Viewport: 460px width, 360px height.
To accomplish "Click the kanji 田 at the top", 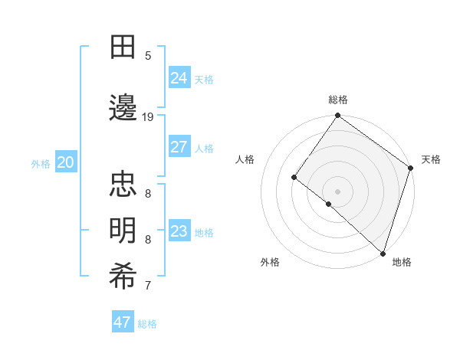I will [x=123, y=47].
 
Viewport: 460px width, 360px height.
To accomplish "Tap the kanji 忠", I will [x=123, y=185].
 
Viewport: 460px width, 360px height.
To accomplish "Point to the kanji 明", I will [x=123, y=231].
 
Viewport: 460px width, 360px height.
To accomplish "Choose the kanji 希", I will [x=123, y=277].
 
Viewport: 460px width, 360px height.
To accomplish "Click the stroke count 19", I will [x=148, y=116].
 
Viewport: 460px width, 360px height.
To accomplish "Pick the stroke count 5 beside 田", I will [x=148, y=55].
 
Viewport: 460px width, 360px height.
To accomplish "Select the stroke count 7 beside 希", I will [x=148, y=286].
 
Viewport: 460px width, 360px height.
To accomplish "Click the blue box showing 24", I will [x=179, y=77].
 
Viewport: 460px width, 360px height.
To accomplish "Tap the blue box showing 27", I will [x=179, y=147].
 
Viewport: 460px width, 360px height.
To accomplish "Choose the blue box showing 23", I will [x=179, y=231].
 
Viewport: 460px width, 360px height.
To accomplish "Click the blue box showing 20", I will [x=66, y=162].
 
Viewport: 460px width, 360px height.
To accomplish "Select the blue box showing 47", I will [x=123, y=322].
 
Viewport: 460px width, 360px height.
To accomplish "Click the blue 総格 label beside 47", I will [x=147, y=324].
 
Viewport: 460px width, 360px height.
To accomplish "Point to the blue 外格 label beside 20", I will [x=41, y=164].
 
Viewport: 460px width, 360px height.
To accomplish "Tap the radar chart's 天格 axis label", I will [x=431, y=159].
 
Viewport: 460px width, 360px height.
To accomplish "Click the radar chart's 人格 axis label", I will [x=245, y=159].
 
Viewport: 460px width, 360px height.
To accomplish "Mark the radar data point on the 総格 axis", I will [x=337, y=116].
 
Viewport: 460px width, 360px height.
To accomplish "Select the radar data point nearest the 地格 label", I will [x=383, y=253].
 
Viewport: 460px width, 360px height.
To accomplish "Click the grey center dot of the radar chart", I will [x=337, y=191].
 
